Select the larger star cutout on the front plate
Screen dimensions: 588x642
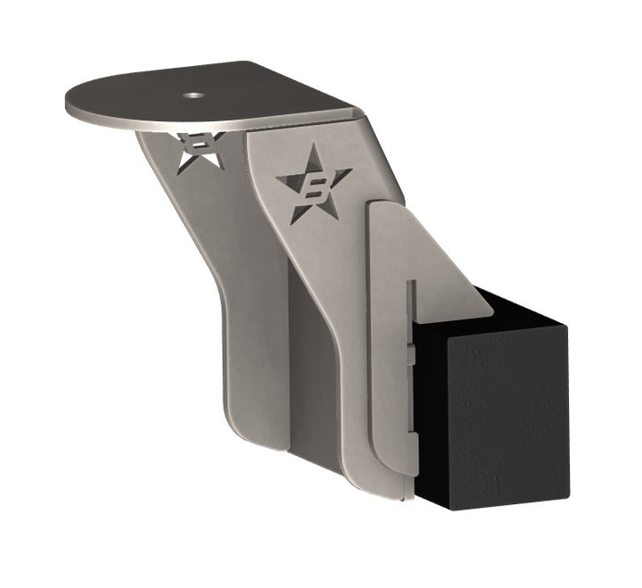[313, 188]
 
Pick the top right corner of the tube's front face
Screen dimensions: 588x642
[567, 332]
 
